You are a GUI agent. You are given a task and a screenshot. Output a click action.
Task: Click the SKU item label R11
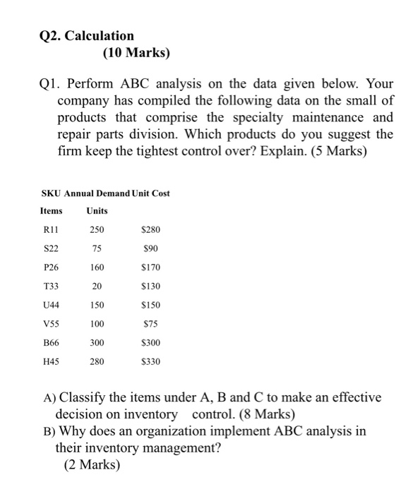(49, 229)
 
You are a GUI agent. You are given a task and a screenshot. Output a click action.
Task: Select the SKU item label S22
(49, 248)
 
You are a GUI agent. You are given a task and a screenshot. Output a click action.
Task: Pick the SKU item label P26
(49, 267)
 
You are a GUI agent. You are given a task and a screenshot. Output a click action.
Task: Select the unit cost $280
(150, 229)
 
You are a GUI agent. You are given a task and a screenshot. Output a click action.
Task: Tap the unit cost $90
(150, 248)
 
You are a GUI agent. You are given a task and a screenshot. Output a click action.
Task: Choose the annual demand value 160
(97, 267)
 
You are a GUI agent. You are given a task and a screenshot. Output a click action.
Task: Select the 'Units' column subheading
(97, 210)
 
